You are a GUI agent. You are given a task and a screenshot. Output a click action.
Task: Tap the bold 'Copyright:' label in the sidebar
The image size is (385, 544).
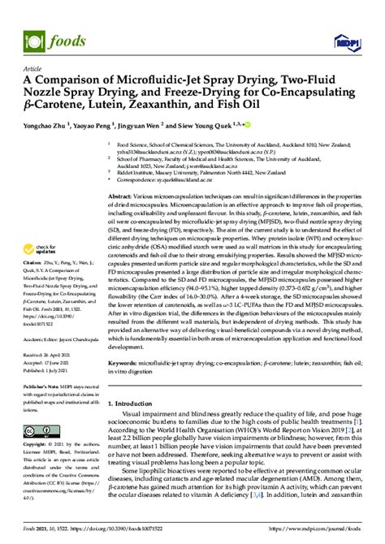(x=37, y=446)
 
